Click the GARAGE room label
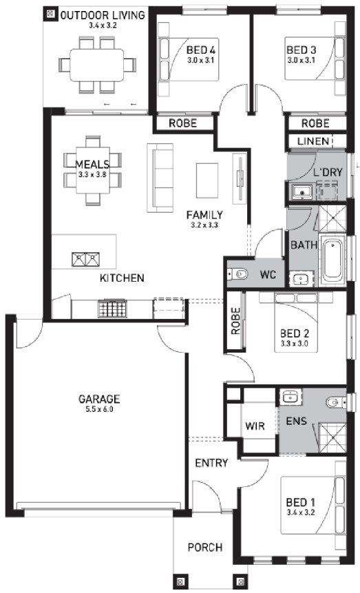[99, 399]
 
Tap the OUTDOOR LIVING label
[103, 15]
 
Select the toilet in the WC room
[238, 273]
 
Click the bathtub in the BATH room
[332, 259]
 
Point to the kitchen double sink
[85, 259]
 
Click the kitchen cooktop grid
[112, 309]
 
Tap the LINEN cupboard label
[313, 141]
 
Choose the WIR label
[255, 426]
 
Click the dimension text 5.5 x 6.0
[99, 409]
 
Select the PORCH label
[205, 548]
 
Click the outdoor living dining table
[97, 65]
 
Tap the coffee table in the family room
[207, 180]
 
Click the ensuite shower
[332, 437]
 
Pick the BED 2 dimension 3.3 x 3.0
[294, 344]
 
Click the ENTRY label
[211, 463]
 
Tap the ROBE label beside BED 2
[235, 321]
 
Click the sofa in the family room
[160, 178]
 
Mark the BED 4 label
[201, 50]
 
